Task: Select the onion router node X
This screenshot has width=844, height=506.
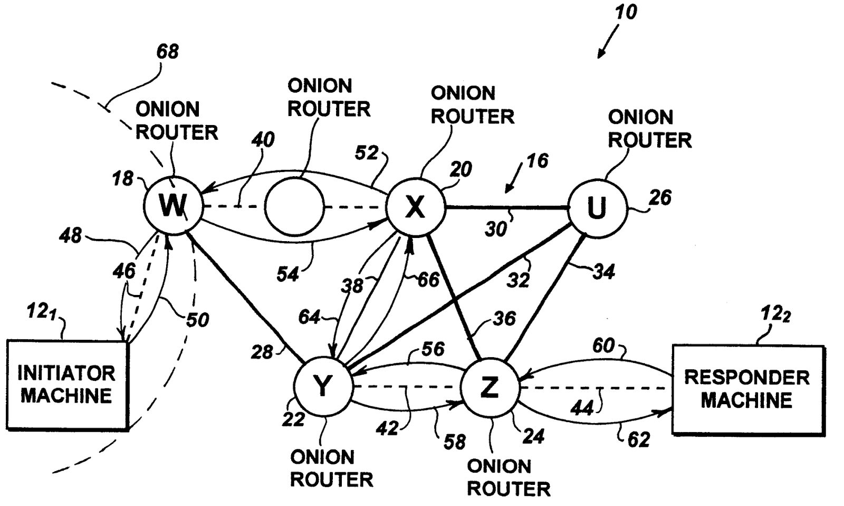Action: [x=415, y=207]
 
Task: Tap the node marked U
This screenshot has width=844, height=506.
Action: [x=597, y=208]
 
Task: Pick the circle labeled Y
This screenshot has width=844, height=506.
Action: [x=322, y=387]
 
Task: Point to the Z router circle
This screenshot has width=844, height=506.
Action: [x=490, y=387]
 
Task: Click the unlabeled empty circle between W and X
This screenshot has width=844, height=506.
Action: [x=294, y=207]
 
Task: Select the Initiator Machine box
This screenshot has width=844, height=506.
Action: [x=67, y=385]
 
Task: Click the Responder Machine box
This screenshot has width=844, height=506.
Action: [x=747, y=389]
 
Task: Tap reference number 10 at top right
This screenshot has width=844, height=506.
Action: [x=626, y=12]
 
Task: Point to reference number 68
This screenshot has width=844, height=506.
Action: [x=168, y=52]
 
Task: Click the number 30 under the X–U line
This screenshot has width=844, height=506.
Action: [x=495, y=229]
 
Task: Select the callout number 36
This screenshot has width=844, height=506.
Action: [x=505, y=318]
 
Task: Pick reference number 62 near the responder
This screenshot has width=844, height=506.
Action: [x=638, y=439]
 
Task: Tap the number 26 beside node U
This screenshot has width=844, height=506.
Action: [x=660, y=198]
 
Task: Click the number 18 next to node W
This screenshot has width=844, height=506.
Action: [x=123, y=179]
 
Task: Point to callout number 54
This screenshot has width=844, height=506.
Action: [x=287, y=274]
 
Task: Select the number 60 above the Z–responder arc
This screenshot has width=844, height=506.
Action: [x=603, y=346]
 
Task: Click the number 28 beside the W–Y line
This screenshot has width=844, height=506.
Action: [x=262, y=352]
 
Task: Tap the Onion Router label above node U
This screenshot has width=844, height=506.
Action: [x=649, y=129]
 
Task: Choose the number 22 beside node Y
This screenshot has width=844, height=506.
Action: [x=293, y=419]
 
